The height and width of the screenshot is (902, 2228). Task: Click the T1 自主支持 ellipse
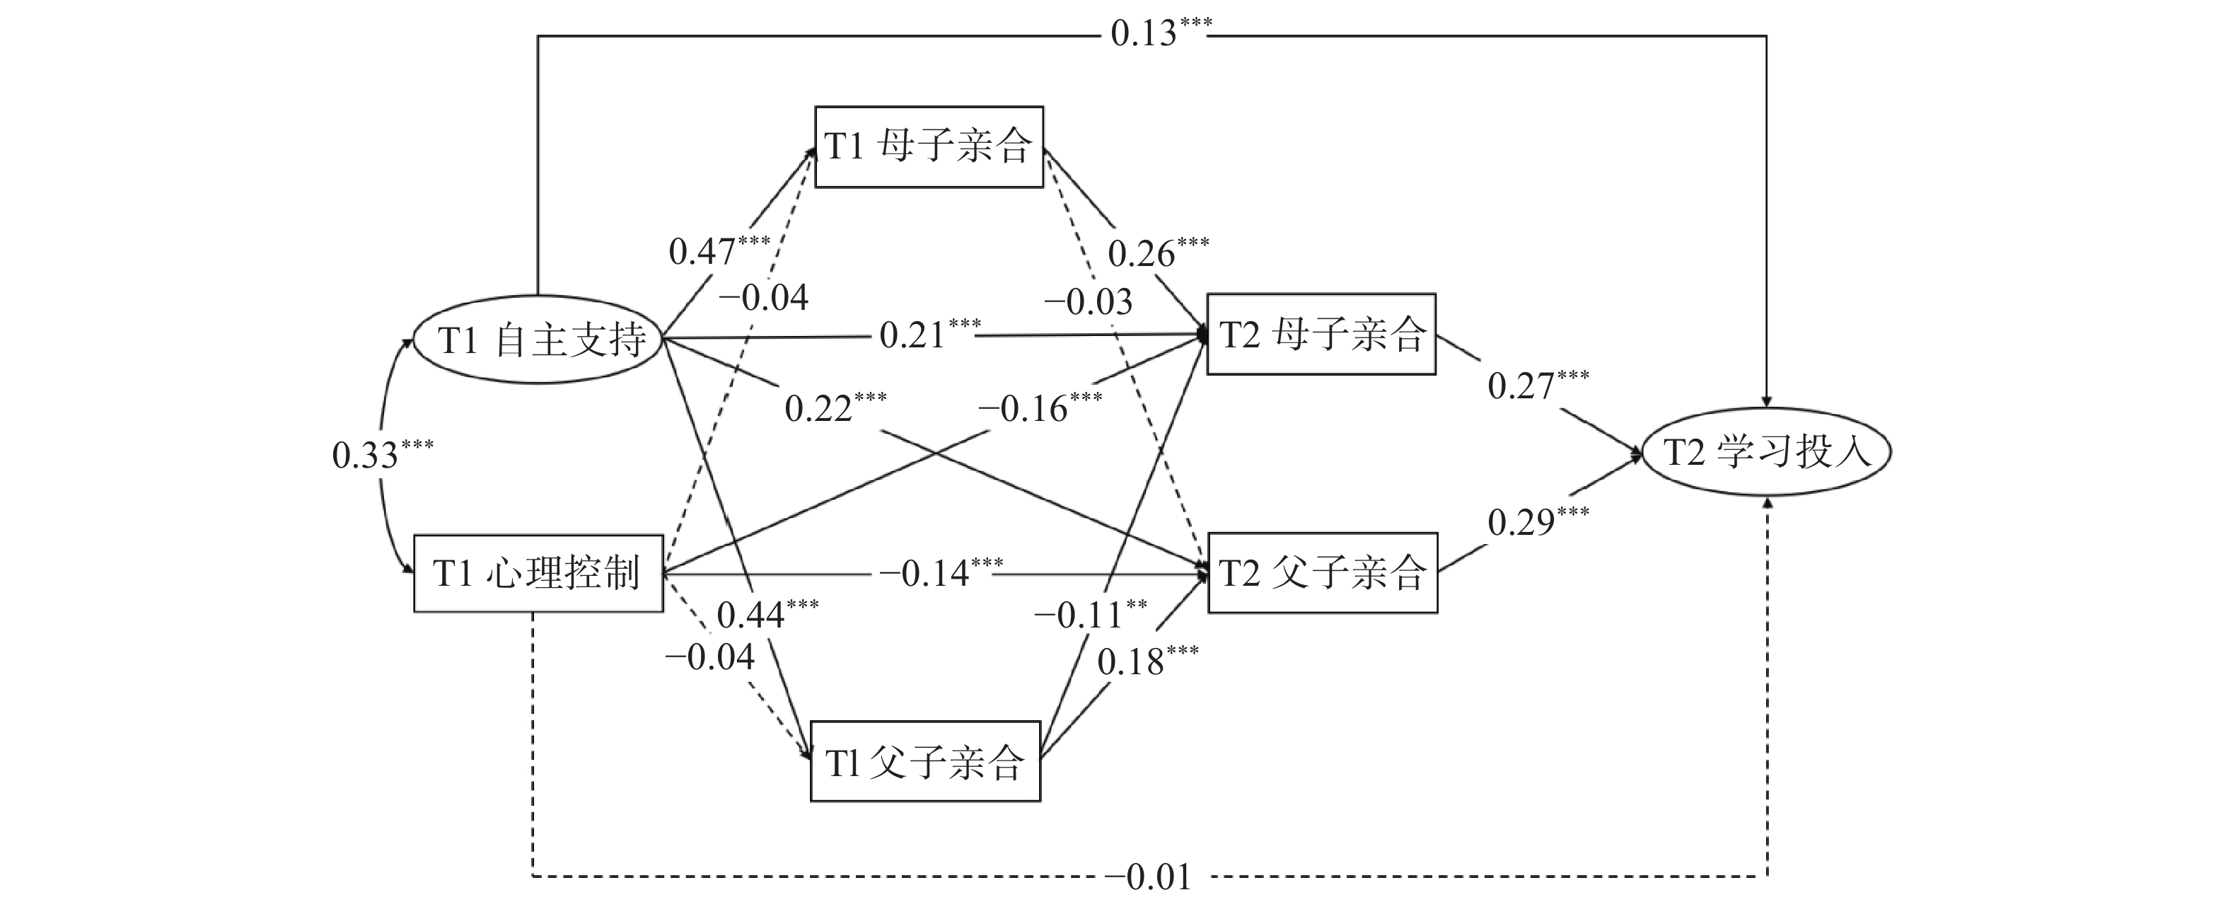click(538, 340)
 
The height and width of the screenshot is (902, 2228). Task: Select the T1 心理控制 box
click(538, 573)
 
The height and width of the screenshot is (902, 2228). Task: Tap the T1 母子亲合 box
click(929, 146)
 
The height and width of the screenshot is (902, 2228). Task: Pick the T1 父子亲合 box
click(924, 762)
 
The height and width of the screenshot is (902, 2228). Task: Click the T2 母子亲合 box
click(1321, 334)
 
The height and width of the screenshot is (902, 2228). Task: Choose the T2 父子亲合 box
click(1323, 572)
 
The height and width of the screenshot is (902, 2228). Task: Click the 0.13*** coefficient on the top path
click(1160, 33)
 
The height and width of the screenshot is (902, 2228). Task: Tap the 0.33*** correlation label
click(381, 454)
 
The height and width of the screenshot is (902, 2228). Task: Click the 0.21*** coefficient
click(929, 334)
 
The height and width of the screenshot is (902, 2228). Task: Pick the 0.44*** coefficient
click(766, 613)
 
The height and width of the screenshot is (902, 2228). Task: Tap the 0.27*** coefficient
click(1537, 385)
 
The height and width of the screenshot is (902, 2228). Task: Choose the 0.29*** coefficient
click(1537, 521)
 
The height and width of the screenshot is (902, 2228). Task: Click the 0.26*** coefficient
click(1157, 252)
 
